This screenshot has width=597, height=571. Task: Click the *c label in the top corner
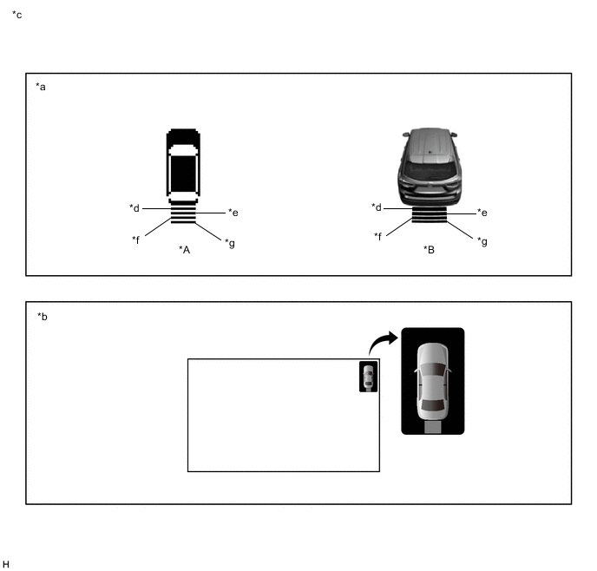click(x=17, y=15)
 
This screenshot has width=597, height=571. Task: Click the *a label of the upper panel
click(x=41, y=87)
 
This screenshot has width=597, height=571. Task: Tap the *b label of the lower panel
click(x=43, y=317)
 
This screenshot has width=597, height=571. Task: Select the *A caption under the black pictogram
click(x=184, y=250)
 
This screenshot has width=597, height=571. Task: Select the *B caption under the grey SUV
click(x=429, y=250)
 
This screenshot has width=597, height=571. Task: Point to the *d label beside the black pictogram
click(x=134, y=208)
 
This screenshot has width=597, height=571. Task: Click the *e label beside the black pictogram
click(x=233, y=213)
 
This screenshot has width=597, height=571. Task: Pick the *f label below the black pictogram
click(x=136, y=240)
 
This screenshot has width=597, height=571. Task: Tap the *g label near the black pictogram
click(x=230, y=243)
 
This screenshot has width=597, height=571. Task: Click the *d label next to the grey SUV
click(x=377, y=207)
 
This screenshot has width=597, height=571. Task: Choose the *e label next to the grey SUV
click(x=482, y=213)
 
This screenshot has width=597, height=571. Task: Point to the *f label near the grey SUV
click(x=377, y=236)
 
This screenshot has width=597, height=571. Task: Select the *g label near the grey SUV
click(x=482, y=242)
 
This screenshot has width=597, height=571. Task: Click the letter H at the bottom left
click(x=6, y=564)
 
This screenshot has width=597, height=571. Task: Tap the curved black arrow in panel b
click(x=382, y=341)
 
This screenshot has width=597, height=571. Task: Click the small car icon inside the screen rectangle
click(x=369, y=377)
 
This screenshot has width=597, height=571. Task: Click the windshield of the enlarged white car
click(x=432, y=370)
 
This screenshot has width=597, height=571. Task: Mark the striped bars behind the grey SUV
click(x=429, y=214)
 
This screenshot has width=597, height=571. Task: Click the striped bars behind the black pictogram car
click(x=183, y=214)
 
